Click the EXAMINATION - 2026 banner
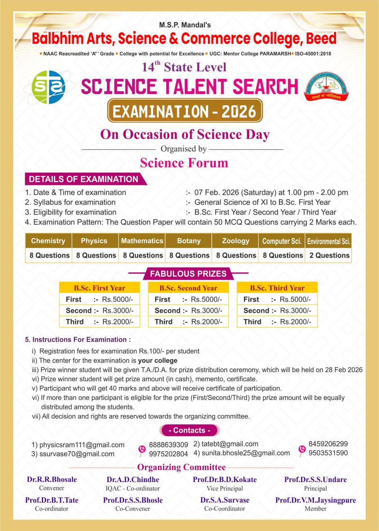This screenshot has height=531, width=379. point(185,111)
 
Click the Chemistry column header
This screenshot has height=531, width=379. point(48,241)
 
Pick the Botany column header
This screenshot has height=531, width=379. point(188,241)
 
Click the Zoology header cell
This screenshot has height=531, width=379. point(235,241)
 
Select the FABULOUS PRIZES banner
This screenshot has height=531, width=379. point(188,274)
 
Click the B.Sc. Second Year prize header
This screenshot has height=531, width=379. point(188,288)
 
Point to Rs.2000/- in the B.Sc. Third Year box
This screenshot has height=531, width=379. point(295,322)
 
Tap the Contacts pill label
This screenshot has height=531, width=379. point(189,430)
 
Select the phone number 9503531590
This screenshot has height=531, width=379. point(328,453)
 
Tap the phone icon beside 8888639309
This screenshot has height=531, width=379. point(142,449)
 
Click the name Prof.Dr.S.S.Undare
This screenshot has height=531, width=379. point(315,480)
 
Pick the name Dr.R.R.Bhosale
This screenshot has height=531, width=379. point(52,480)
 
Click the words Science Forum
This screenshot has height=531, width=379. point(184,163)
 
